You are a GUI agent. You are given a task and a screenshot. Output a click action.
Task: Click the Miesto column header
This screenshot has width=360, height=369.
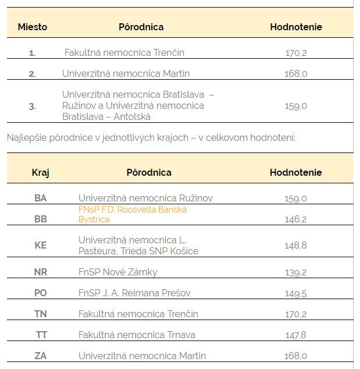pos(33,27)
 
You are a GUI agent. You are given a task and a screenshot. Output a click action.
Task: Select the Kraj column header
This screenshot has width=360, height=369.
pos(41,172)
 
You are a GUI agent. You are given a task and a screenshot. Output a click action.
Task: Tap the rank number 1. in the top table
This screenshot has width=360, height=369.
pos(33,53)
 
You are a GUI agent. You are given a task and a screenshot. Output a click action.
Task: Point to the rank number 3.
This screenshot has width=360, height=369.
pos(33,106)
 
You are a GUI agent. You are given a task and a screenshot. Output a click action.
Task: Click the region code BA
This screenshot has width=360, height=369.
pos(41,198)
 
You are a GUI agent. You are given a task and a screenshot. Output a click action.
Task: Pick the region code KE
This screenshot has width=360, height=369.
pos(41,245)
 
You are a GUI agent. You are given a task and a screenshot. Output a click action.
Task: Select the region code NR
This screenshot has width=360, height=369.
pos(41,272)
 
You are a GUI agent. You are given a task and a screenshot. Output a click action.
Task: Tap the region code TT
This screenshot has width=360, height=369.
pos(41,335)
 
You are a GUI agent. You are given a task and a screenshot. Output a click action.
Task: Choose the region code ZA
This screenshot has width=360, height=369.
pos(41,356)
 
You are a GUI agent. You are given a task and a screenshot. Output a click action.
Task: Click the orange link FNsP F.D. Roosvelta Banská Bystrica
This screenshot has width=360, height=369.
pos(133,214)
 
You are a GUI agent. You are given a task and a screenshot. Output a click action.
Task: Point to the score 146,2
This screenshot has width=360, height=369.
pos(296,219)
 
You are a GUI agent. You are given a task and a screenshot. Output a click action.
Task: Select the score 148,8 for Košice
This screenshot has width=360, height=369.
pos(296,245)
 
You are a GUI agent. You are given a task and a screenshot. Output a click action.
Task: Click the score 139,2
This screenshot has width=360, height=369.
pos(296,272)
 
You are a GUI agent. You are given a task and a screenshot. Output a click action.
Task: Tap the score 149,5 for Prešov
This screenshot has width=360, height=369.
pos(296,293)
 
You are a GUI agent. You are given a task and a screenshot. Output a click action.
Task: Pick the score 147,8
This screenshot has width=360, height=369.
pos(296,335)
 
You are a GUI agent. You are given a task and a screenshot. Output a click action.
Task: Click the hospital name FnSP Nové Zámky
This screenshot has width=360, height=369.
pos(117,272)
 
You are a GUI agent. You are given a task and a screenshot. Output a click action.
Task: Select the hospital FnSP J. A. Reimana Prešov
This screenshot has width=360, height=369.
pos(134,293)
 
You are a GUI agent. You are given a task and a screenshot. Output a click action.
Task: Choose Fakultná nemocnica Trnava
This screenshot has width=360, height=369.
pos(137,335)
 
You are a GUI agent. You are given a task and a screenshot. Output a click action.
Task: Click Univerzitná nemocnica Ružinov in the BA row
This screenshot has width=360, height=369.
pos(145,198)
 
